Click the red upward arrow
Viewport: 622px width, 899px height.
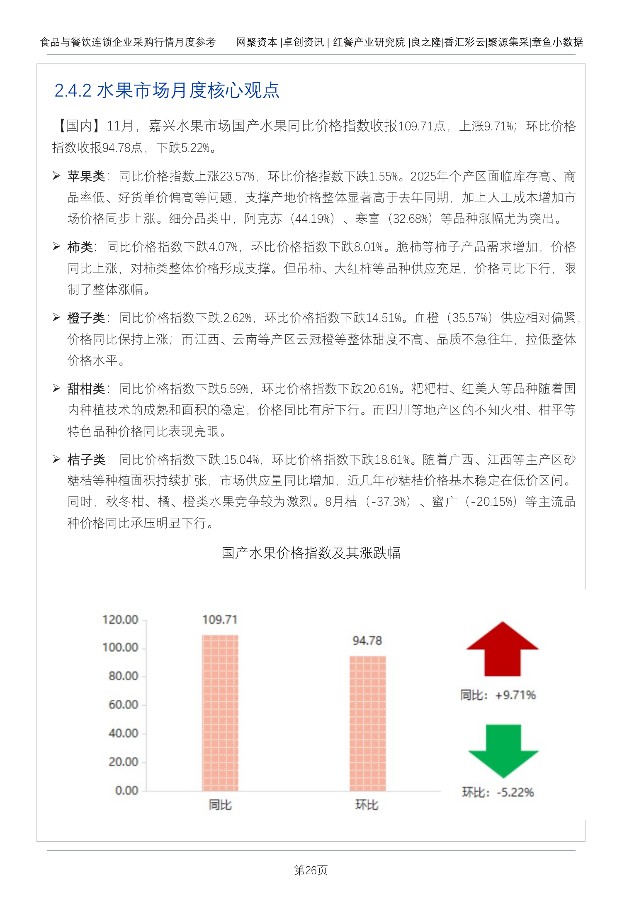point(502,649)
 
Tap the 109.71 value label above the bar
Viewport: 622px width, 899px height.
point(220,619)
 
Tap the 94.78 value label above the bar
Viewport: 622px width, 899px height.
point(367,641)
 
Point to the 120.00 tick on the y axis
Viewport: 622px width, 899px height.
point(120,620)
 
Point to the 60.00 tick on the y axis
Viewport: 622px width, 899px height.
point(123,704)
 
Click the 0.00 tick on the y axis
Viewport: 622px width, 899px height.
point(126,790)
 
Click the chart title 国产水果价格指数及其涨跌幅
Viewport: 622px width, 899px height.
point(311,553)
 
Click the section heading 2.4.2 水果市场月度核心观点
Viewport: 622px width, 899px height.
point(167,90)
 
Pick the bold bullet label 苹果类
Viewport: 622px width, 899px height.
point(86,176)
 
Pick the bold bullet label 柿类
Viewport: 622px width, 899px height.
point(80,247)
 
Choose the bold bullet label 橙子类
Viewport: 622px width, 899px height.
point(86,318)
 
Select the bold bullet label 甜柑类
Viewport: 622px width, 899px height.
point(86,389)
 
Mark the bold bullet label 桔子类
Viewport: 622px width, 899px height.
point(86,460)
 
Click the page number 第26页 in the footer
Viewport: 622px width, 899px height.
point(311,870)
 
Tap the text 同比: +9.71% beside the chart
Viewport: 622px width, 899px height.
point(498,695)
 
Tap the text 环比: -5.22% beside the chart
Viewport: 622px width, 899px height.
point(498,792)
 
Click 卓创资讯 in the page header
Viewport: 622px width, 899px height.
point(304,42)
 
